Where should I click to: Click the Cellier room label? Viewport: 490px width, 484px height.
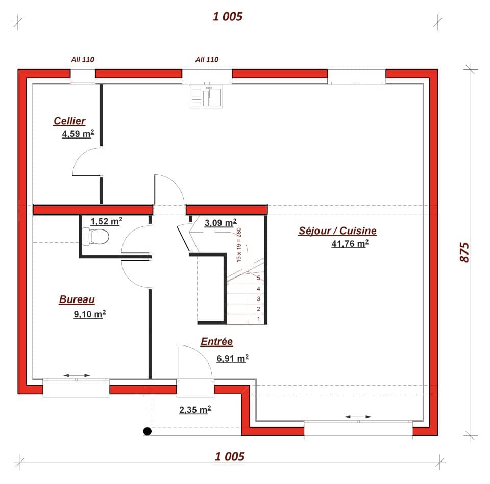pos(69,121)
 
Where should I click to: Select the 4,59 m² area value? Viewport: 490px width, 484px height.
pos(77,134)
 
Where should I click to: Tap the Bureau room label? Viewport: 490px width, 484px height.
pos(77,300)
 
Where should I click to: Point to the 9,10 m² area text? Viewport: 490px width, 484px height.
pos(89,314)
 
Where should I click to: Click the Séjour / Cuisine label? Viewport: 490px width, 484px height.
pos(337,231)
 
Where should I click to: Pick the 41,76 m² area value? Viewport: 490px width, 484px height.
pos(350,244)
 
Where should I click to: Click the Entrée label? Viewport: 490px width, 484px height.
pos(216,342)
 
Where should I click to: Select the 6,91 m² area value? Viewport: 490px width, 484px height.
pos(232,358)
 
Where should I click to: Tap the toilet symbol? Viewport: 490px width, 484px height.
pos(99,236)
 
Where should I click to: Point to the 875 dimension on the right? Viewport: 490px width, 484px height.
pos(464,251)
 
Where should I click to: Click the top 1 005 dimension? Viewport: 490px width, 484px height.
pos(228,17)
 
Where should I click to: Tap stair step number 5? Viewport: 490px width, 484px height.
pos(259,278)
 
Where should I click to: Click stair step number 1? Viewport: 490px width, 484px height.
pos(259,319)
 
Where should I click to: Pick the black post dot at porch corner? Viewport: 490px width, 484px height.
pos(148,431)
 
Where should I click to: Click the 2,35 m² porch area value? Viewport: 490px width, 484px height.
pos(195,410)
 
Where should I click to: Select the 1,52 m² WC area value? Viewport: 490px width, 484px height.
pos(106,221)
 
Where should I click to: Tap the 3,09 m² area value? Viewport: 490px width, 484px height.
pos(220,222)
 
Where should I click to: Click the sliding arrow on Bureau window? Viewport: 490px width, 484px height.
pos(77,376)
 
